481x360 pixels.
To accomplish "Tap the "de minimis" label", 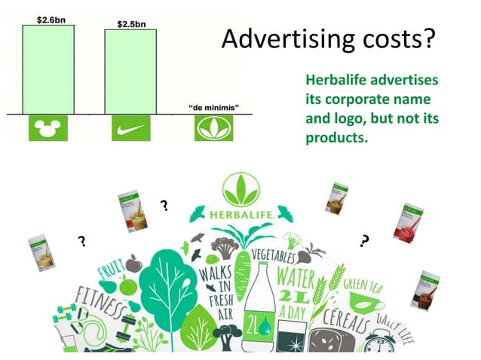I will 214,108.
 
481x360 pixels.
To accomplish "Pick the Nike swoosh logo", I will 130,129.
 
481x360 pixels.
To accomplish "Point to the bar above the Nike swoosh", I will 130,72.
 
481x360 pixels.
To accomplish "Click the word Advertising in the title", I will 283,39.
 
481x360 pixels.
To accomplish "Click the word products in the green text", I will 335,139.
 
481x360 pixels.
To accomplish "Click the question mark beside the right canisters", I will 365,241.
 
